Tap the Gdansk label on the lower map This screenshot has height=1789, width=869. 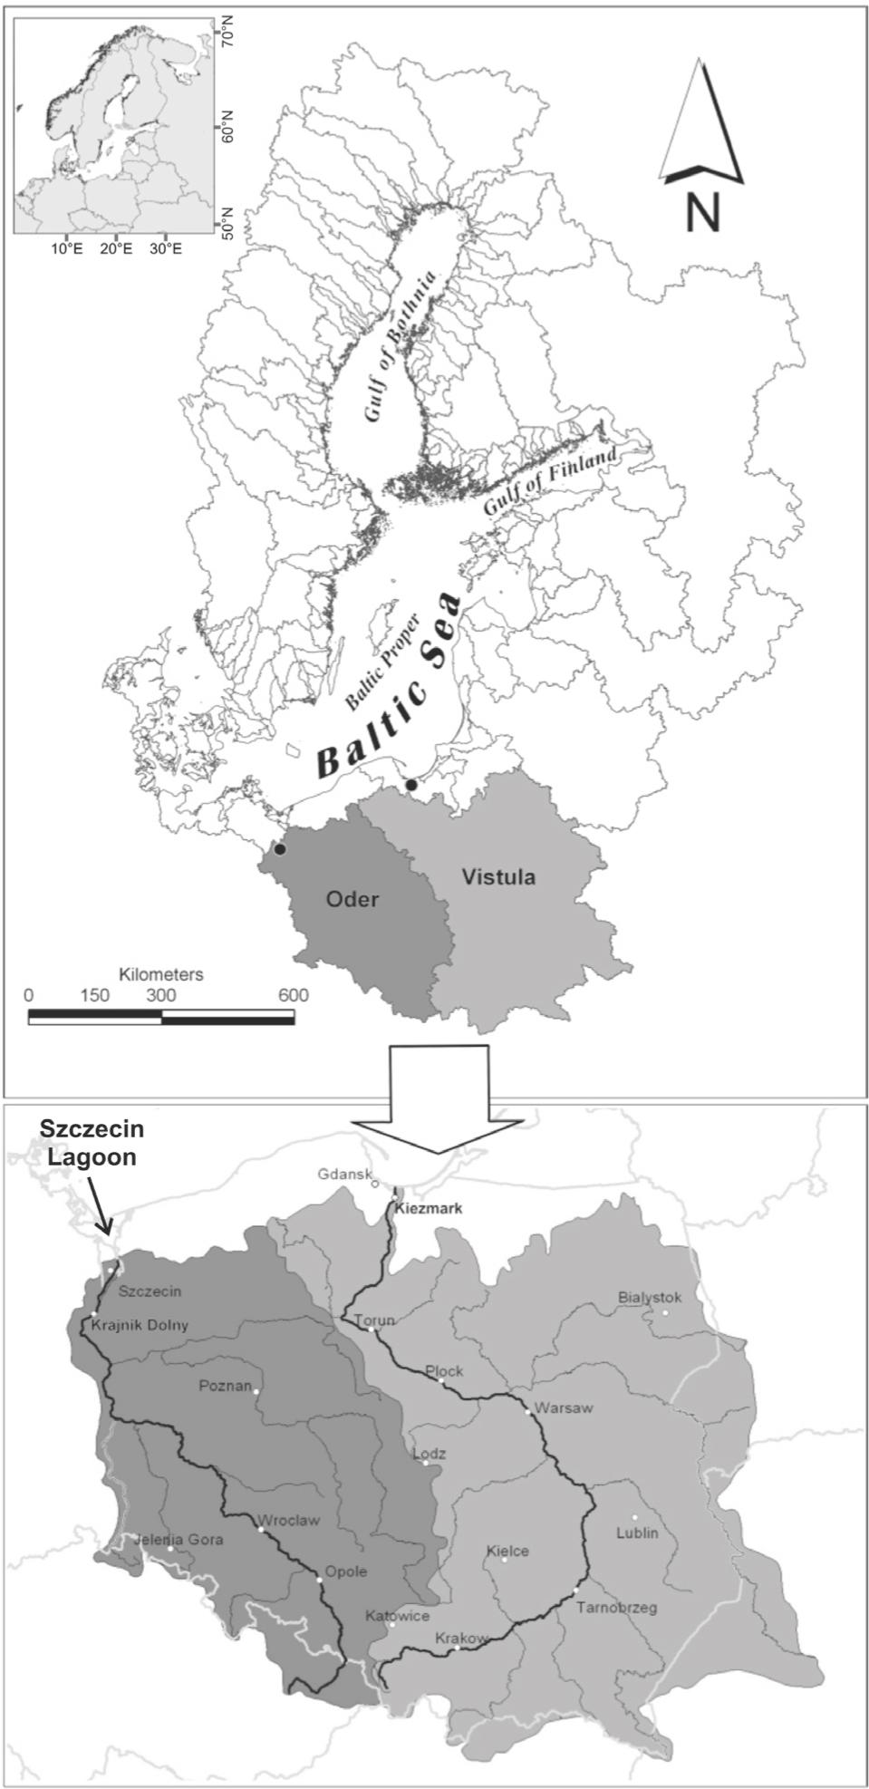point(344,1175)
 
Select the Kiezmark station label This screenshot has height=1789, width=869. point(429,1208)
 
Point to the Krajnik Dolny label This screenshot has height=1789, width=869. point(140,1325)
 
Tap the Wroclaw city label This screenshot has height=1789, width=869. point(289,1521)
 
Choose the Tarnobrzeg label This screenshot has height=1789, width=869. point(617,1608)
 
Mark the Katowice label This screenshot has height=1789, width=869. point(397,1616)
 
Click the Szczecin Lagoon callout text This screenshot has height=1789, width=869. point(92,1144)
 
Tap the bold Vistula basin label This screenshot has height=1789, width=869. point(498,877)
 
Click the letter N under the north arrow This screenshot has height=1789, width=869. point(702,212)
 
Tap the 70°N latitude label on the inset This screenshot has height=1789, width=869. point(226,36)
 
